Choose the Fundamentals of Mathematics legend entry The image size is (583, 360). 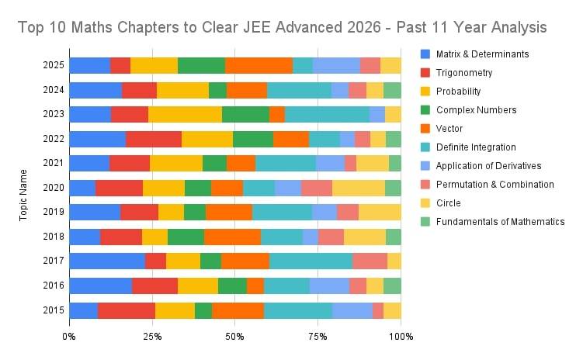[x=492, y=222]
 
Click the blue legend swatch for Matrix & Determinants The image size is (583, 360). [x=425, y=54]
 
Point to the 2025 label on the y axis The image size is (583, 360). [x=50, y=65]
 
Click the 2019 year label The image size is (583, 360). [x=50, y=213]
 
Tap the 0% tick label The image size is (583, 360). [x=69, y=337]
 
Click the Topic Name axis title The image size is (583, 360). [x=25, y=188]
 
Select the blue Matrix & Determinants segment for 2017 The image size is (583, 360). [x=107, y=261]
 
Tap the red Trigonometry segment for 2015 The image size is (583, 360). [x=127, y=310]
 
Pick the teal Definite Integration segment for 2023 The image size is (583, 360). [x=327, y=115]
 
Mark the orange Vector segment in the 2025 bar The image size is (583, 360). [x=259, y=65]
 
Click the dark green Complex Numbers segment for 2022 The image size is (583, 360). [x=253, y=139]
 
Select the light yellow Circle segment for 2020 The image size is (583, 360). [x=359, y=188]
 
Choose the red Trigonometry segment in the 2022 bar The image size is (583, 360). [x=154, y=139]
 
